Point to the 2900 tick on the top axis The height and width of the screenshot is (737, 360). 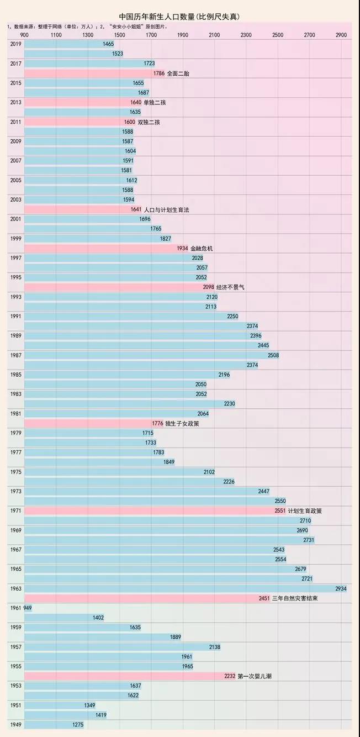click(341, 35)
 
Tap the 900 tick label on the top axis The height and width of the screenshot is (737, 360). click(25, 35)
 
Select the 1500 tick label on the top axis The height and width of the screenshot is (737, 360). click(120, 35)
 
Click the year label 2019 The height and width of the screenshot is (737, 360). click(16, 44)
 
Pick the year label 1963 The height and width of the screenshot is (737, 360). click(16, 588)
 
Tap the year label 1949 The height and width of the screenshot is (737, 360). click(16, 724)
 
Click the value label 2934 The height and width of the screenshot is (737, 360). click(340, 588)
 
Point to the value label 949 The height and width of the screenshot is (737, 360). click(28, 608)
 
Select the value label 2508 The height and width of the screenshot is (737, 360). click(273, 355)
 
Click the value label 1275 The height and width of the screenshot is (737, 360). click(78, 724)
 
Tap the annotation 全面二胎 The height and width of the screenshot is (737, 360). click(178, 73)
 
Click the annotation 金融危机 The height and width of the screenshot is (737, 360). click(202, 248)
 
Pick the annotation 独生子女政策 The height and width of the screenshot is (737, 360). click(182, 423)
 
